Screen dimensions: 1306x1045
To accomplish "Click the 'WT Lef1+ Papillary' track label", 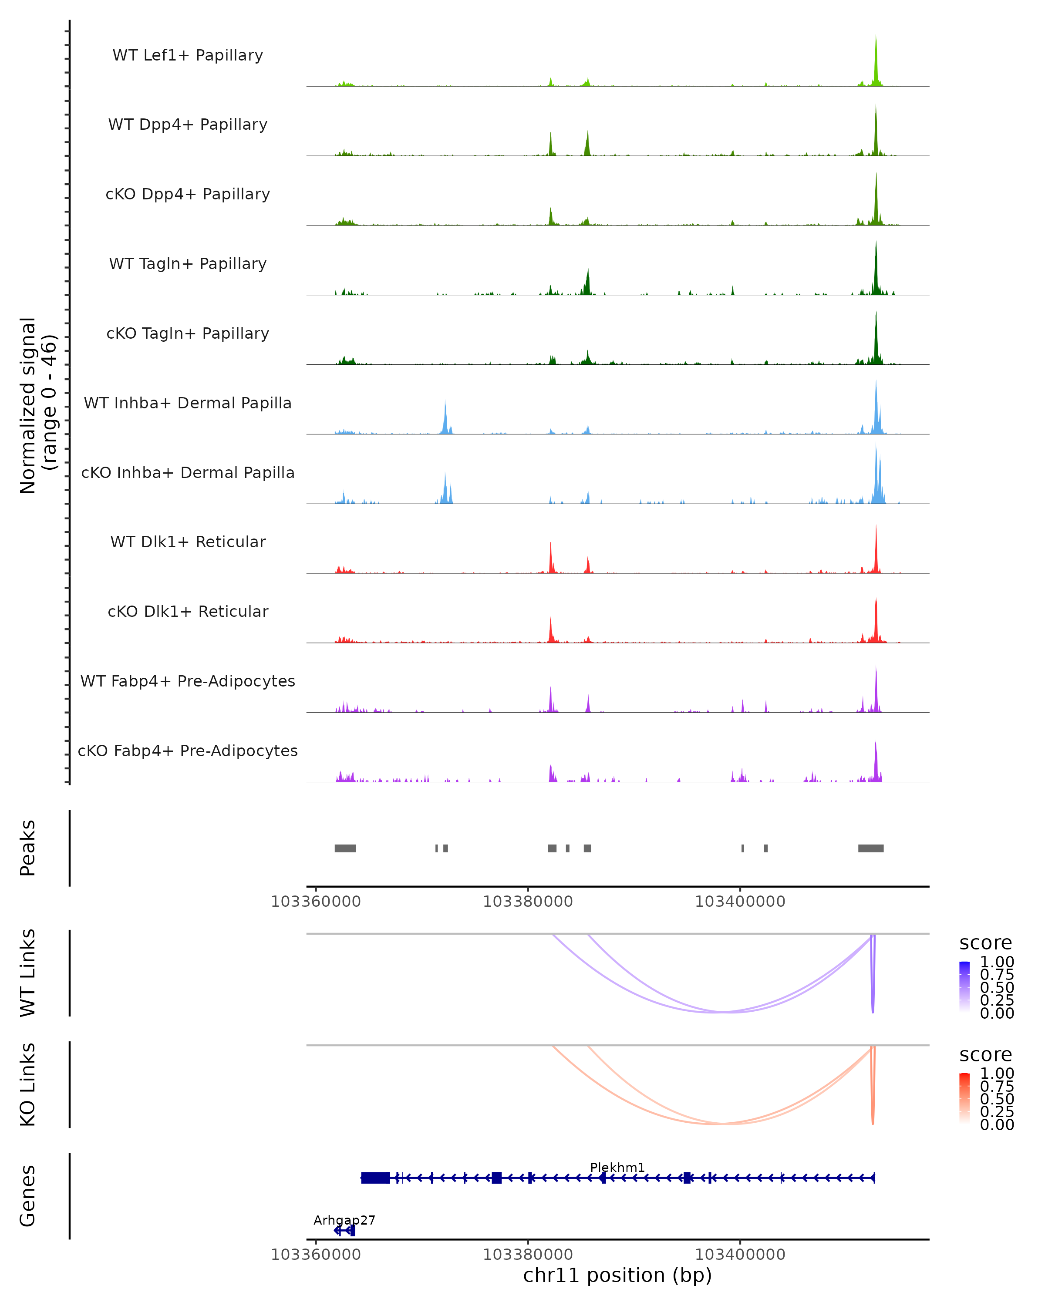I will (x=188, y=55).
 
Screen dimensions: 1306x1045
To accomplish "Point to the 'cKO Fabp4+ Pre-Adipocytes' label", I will (x=188, y=751).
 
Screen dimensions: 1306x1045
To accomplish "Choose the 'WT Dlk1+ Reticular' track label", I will (x=188, y=542).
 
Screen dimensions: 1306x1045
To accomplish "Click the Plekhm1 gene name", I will (x=617, y=1167).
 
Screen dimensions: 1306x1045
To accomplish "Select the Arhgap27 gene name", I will (x=344, y=1220).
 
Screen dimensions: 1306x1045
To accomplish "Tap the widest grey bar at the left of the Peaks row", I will (x=345, y=848).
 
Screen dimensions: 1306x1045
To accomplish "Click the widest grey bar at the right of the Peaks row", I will (x=870, y=848).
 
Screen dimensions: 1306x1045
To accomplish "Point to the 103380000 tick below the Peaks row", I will (x=528, y=902).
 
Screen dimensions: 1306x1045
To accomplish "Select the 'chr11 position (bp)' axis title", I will (x=617, y=1275).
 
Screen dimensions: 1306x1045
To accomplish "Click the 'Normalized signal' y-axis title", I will (x=28, y=405).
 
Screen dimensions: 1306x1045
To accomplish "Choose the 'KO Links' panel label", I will (x=28, y=1084).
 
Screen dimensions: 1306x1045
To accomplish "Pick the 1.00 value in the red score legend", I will (x=997, y=1074).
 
